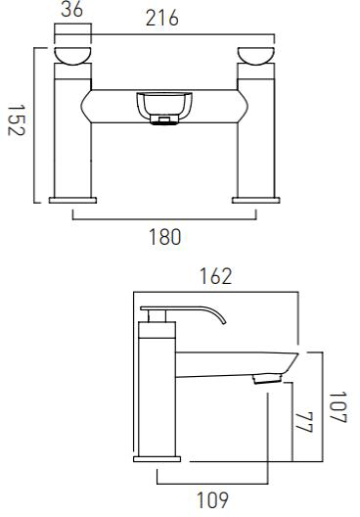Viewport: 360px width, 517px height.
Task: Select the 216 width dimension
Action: (x=160, y=19)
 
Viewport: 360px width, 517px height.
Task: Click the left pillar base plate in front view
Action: (x=71, y=200)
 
